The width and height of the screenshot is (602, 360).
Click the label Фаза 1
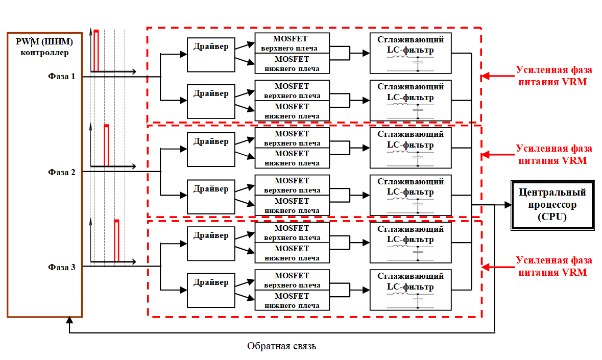tap(62, 77)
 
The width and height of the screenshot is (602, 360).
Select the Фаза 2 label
tap(62, 172)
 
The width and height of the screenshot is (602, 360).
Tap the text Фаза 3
tap(62, 267)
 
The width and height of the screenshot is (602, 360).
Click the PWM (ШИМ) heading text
tap(44, 41)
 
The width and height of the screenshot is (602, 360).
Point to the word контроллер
tap(44, 52)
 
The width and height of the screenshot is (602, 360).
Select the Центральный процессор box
tap(552, 204)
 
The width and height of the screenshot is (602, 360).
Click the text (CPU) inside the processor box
tap(552, 216)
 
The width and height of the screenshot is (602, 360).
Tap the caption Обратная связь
tap(282, 346)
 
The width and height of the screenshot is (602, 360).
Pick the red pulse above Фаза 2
tap(106, 145)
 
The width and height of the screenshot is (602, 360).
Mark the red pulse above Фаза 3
tap(116, 240)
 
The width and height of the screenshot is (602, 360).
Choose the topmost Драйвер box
tap(211, 54)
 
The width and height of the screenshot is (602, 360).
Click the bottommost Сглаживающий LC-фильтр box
tap(411, 290)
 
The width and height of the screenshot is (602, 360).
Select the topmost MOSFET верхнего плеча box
tap(292, 43)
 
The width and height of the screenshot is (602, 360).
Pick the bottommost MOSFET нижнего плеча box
tap(292, 301)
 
